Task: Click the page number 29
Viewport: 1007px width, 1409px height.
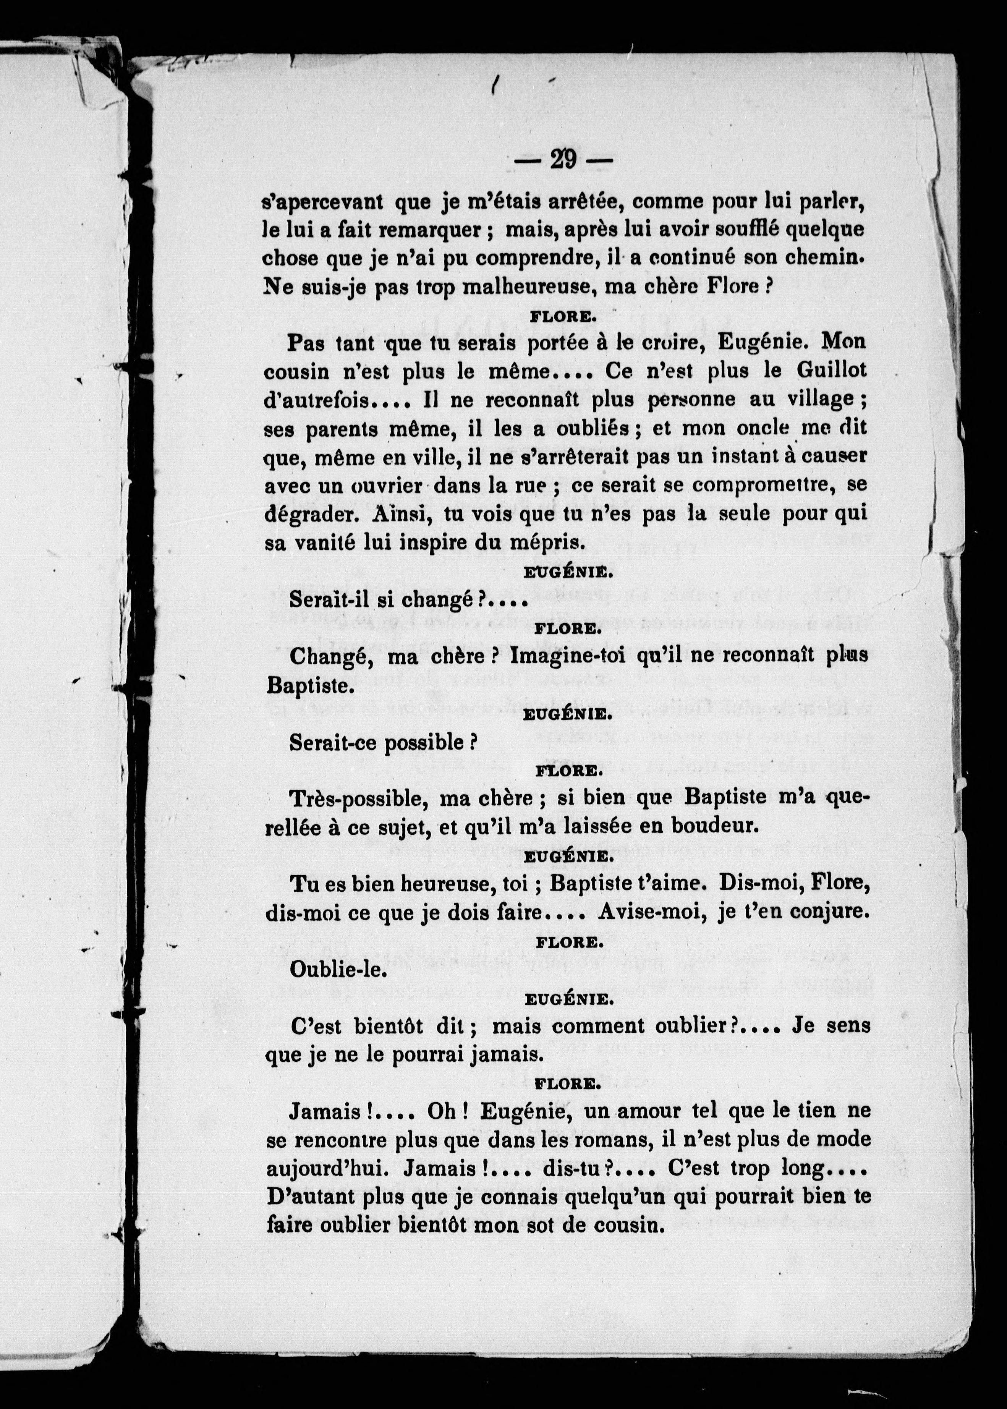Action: point(563,160)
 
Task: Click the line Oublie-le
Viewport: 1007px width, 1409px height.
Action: point(338,970)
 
